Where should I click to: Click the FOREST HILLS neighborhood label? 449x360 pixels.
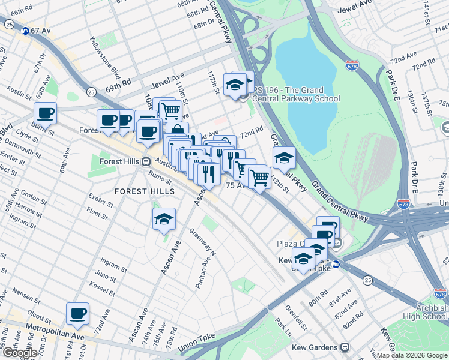[x=146, y=191]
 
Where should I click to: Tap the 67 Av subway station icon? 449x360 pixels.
[x=25, y=31]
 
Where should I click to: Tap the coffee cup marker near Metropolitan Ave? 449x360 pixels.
[x=78, y=313]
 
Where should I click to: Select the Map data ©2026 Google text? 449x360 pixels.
[x=412, y=355]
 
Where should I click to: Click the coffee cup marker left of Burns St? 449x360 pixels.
[x=45, y=112]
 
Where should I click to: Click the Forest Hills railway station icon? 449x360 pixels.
[x=146, y=161]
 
